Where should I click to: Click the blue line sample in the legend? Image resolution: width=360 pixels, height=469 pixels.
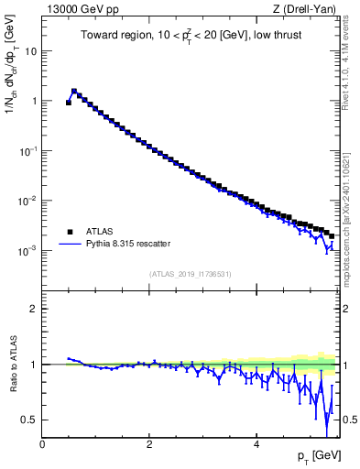point(71,244)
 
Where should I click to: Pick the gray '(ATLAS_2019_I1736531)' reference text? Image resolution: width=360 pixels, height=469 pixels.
point(190,274)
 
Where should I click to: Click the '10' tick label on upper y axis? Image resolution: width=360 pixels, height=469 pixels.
point(32,51)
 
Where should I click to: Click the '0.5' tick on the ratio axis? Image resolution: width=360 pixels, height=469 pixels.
point(30,420)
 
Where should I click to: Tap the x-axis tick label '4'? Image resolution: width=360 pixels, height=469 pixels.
point(256,444)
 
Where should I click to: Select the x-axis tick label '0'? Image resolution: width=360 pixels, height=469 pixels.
point(42,444)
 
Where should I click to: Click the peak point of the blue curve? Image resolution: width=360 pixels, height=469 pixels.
point(74,91)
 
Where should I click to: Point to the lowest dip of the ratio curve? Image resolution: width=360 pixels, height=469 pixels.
point(327,436)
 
